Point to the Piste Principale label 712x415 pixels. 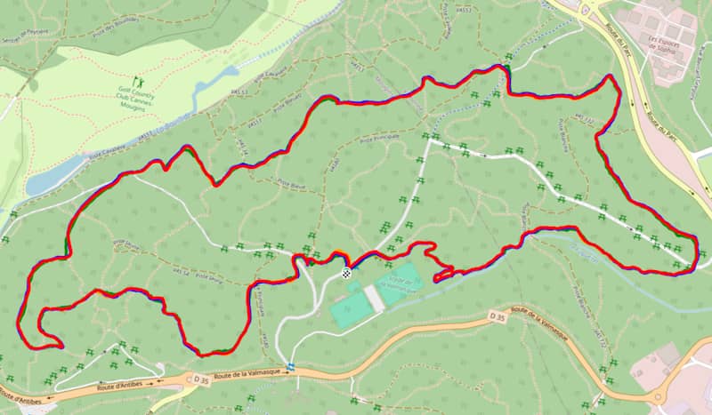pos(378,140)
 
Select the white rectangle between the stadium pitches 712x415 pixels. pos(375,299)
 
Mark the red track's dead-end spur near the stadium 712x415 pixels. pos(437,279)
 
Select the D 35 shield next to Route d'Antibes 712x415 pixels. pos(194,379)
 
